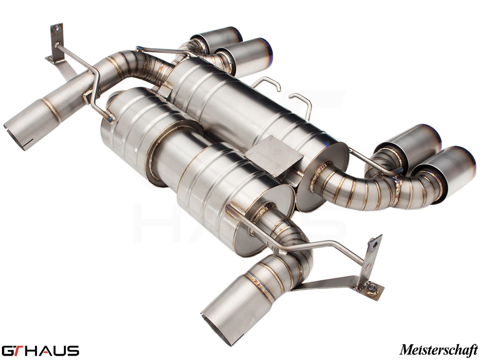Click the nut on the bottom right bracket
(x=372, y=288)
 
